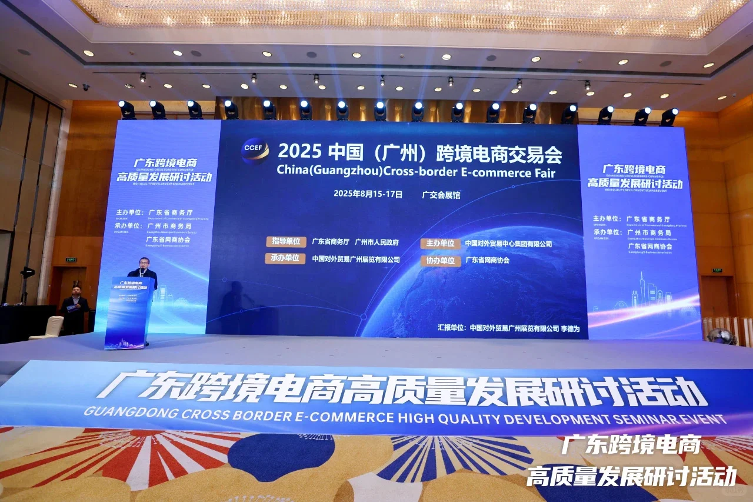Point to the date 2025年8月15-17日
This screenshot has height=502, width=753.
coord(368,193)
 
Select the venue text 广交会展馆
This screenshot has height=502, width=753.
coord(441,195)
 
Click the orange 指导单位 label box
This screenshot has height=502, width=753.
coord(286,241)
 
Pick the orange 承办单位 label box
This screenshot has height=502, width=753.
coord(285,258)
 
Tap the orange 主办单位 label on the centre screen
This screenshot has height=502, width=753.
coord(440,244)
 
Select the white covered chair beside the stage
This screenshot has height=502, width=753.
coord(48,327)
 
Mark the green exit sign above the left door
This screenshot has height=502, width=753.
coord(71,260)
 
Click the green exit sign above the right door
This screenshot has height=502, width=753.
coord(717,270)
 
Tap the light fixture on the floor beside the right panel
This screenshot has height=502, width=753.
coord(721,336)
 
